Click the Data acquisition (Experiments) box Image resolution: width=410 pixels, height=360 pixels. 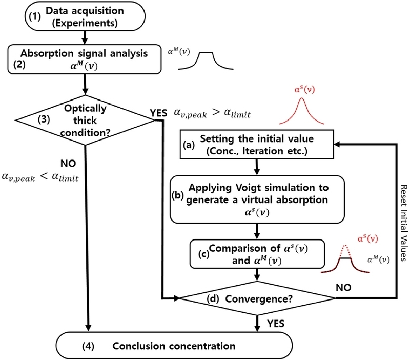(x=85, y=16)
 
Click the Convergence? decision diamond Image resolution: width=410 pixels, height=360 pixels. (x=255, y=297)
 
